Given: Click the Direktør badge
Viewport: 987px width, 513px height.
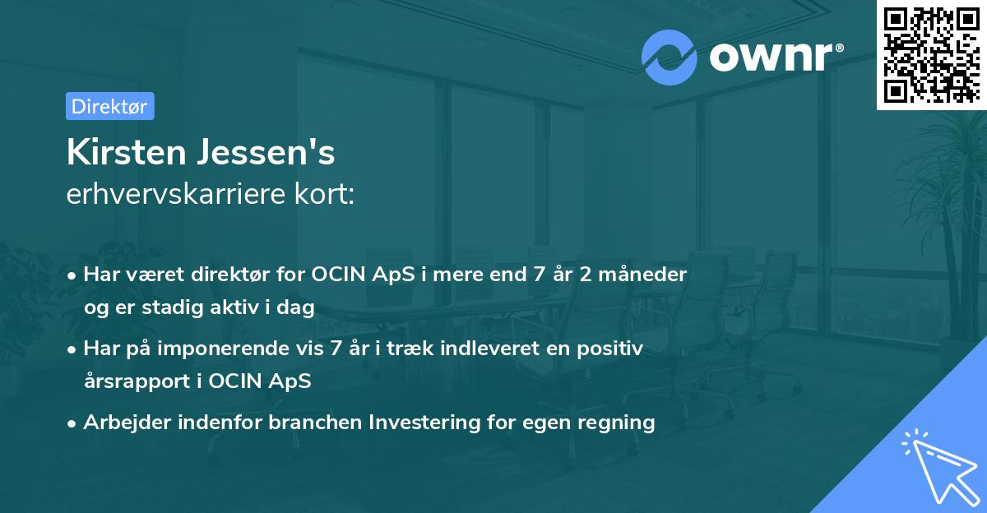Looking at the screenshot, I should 109,106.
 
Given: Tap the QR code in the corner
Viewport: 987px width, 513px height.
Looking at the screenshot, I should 931,55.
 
